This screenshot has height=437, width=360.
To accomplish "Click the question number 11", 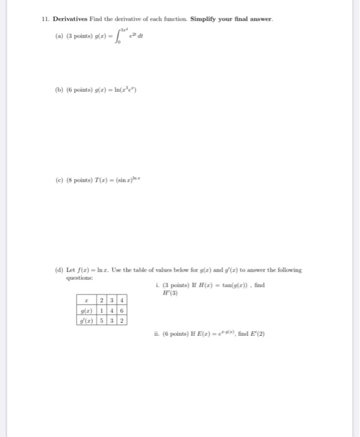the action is [x=45, y=20].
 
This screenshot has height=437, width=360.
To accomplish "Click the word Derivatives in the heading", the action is [x=66, y=20].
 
